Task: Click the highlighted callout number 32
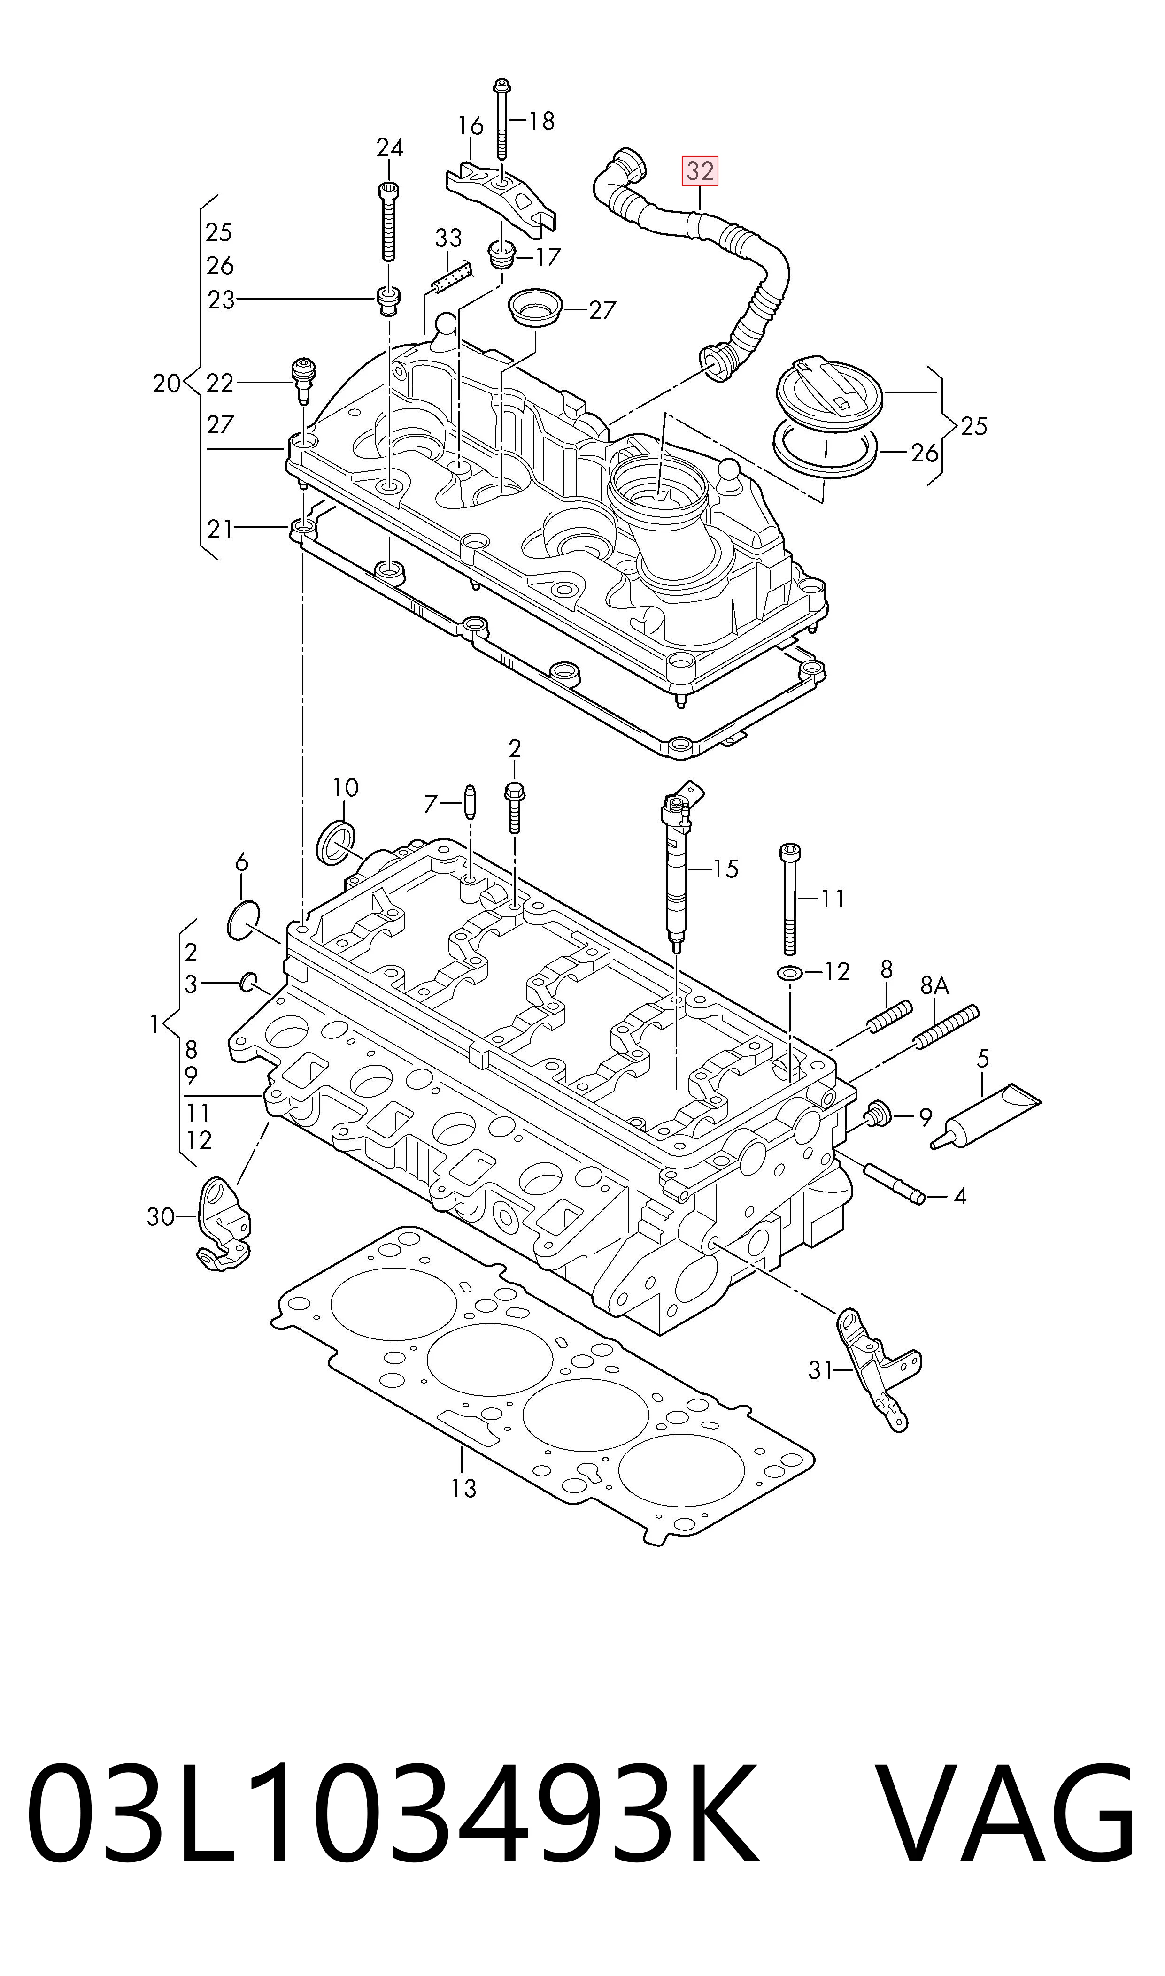tap(700, 171)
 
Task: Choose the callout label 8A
tap(934, 985)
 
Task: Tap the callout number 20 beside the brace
tap(166, 384)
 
